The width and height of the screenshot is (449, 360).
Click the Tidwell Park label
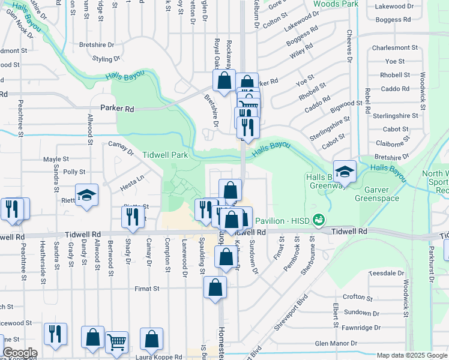[165, 155]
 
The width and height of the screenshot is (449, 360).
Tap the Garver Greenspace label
[377, 193]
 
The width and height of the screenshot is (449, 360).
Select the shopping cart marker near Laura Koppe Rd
[117, 343]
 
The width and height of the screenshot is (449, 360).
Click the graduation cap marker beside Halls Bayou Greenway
[345, 172]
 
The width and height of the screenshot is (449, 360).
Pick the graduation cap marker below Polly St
[86, 195]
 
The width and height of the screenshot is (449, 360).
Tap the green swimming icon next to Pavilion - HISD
[318, 220]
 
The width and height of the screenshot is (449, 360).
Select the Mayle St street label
[56, 160]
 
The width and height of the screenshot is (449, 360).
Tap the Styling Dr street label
[107, 59]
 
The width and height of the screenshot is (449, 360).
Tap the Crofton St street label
[354, 296]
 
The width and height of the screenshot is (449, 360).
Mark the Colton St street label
[276, 21]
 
